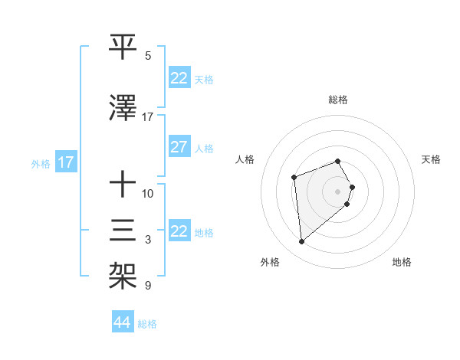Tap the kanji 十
click(x=123, y=184)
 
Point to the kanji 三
click(x=123, y=231)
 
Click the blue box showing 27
click(x=179, y=148)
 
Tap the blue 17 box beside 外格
click(x=65, y=162)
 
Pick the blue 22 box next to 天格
click(x=179, y=78)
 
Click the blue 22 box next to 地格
click(x=179, y=231)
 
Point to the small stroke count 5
click(x=148, y=56)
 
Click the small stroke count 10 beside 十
click(x=148, y=193)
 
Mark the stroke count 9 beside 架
click(x=148, y=286)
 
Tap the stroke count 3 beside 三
click(x=148, y=240)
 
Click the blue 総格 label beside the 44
click(x=147, y=324)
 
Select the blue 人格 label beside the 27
click(x=204, y=149)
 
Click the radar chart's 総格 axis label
click(x=337, y=100)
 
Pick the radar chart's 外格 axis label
click(x=270, y=262)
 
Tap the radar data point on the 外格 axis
click(x=302, y=242)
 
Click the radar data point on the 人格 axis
click(x=294, y=178)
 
